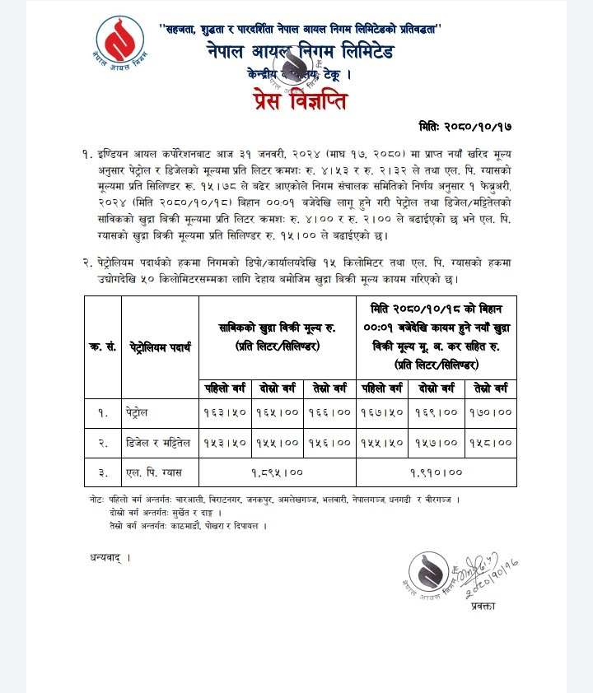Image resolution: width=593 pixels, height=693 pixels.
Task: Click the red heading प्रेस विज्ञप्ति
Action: [300, 102]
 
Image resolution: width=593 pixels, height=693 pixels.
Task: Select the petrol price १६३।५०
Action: [225, 412]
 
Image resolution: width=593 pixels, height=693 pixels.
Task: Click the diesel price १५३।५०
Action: [225, 443]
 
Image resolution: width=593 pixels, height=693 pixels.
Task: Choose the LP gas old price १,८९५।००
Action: [277, 472]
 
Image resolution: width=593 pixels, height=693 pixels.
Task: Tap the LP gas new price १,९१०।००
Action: [437, 472]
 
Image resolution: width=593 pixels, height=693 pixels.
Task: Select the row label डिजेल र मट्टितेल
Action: [160, 443]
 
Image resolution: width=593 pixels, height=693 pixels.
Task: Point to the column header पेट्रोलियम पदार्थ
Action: [160, 347]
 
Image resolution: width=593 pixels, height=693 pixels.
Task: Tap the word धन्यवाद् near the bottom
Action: [110, 557]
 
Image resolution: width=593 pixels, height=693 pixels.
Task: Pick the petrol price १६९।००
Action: [438, 412]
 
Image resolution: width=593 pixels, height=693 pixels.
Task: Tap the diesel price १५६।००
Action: [329, 443]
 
